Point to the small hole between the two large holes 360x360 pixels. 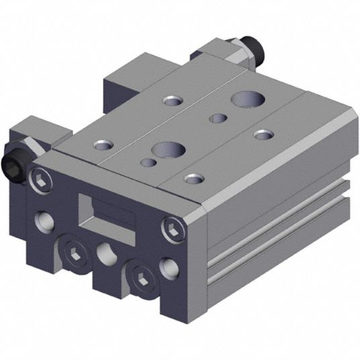click(x=218, y=120)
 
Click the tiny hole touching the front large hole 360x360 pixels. click(x=146, y=163)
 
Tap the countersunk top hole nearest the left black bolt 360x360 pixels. click(x=102, y=144)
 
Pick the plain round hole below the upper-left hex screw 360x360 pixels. click(x=44, y=219)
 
